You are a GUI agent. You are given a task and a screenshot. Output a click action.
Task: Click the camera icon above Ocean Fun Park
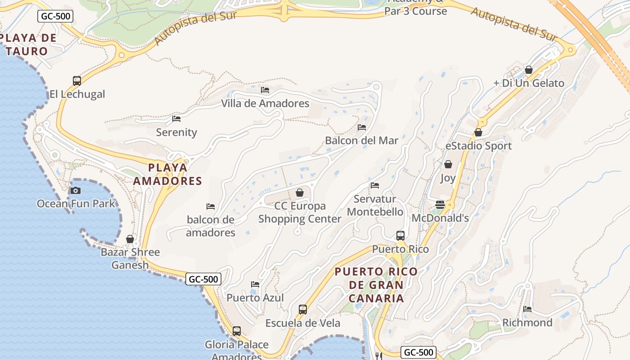pos(76,190)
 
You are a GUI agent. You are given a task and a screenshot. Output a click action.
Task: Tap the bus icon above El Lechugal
pos(77,81)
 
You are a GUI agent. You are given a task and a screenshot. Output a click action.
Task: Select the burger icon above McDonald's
pos(440,205)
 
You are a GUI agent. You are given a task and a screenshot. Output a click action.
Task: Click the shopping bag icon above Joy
pos(448,165)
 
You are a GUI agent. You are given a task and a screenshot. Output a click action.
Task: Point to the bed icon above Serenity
pos(176,119)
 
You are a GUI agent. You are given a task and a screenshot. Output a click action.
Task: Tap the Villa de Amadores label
pos(265,103)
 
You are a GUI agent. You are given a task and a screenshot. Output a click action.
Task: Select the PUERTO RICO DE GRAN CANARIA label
pos(376,285)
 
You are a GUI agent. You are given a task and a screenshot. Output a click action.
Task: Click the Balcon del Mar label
pos(362,140)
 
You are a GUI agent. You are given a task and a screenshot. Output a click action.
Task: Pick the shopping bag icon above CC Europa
pos(300,193)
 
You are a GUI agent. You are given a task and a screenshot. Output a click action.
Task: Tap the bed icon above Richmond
pos(527,309)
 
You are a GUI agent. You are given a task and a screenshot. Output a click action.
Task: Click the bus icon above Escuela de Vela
pos(303,310)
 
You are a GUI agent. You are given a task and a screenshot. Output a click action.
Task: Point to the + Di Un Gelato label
pos(529,83)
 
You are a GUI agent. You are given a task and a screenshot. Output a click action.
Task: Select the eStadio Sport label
pos(478,146)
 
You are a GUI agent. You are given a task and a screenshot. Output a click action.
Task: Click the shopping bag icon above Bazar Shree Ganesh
pos(130,239)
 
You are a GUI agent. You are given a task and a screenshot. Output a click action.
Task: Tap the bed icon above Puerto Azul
pos(255,284)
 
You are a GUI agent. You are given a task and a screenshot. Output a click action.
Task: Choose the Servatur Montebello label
pos(375,205)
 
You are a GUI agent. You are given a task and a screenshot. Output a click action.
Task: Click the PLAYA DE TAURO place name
pos(28,44)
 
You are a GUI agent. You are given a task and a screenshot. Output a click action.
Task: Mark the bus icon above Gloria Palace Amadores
pos(237,331)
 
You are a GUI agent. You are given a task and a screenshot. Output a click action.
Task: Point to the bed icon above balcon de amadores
pos(211,207)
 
